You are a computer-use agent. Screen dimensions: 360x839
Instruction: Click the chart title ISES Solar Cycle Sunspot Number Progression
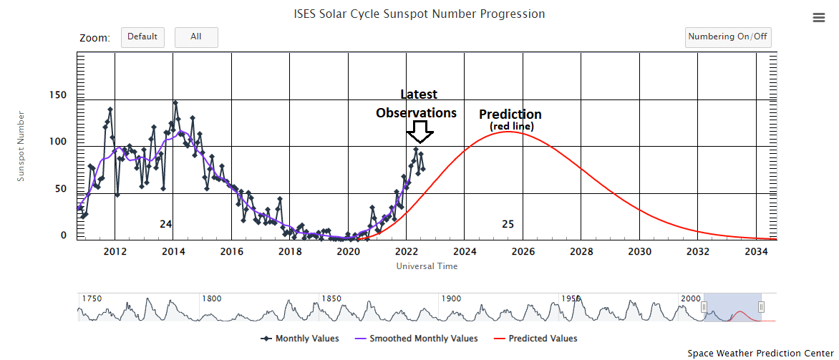pos(419,14)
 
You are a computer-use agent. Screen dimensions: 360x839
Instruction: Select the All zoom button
pos(196,37)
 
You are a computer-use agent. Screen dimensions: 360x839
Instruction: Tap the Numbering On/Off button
pos(727,37)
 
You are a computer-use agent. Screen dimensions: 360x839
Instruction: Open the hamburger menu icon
pos(819,18)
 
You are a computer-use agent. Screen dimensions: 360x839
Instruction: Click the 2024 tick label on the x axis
pos(465,252)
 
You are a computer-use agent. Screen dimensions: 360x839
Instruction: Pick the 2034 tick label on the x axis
pos(756,252)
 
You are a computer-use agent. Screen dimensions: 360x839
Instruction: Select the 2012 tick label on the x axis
pos(115,252)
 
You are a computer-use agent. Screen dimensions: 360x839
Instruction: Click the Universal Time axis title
pos(427,266)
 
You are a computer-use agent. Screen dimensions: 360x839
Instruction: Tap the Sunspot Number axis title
pos(21,145)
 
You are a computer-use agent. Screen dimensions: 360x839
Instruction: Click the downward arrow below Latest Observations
pos(419,132)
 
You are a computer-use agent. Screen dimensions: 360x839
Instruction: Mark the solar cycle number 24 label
pos(165,224)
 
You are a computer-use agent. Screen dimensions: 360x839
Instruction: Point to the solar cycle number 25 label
pos(508,224)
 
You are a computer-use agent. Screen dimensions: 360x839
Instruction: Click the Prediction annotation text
pos(510,115)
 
